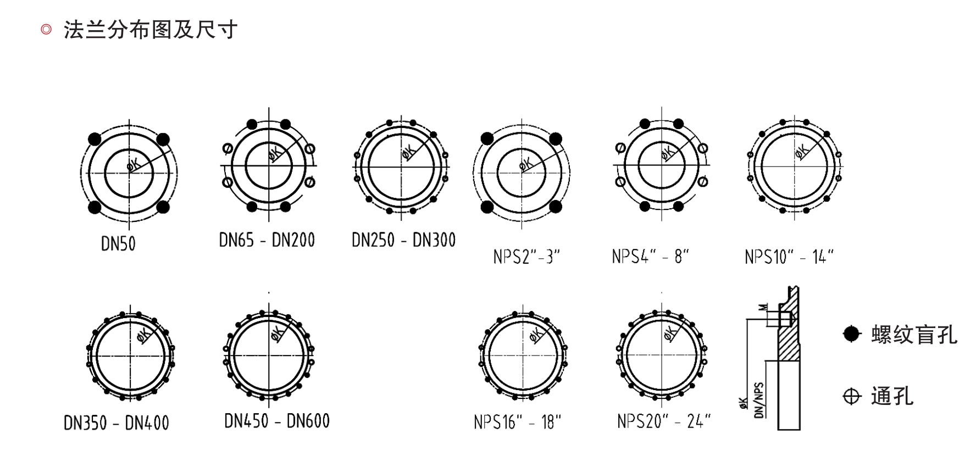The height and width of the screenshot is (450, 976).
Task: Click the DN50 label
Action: [118, 243]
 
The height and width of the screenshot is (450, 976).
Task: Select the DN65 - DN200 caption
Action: [267, 240]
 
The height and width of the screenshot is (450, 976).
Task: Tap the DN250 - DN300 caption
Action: [404, 240]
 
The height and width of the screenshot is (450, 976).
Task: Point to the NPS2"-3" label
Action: [526, 257]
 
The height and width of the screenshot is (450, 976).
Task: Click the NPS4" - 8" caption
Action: [651, 257]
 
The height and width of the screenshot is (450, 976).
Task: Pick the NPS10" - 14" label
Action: [790, 257]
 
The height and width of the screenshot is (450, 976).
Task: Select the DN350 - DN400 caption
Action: [117, 423]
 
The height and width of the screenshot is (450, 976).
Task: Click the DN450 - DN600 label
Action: [277, 421]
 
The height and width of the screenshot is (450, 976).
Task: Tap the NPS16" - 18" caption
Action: [518, 422]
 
